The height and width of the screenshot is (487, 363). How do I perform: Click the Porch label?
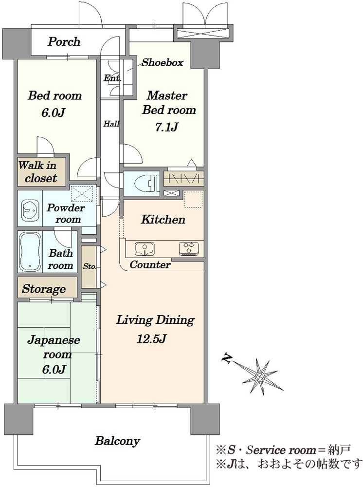pyautogui.click(x=64, y=42)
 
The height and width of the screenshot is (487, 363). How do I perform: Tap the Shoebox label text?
pyautogui.click(x=162, y=63)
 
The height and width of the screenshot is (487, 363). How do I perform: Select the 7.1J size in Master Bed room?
pyautogui.click(x=166, y=127)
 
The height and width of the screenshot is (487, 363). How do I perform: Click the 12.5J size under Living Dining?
pyautogui.click(x=152, y=339)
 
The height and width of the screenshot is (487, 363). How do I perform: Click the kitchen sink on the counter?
pyautogui.click(x=145, y=249)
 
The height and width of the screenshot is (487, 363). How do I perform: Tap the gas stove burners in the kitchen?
pyautogui.click(x=189, y=249)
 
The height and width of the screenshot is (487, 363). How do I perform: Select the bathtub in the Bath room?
pyautogui.click(x=31, y=252)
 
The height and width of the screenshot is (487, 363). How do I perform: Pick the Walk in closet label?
pyautogui.click(x=37, y=171)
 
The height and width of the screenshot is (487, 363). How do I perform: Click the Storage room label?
pyautogui.click(x=44, y=289)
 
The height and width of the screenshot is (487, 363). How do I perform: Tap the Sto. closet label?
pyautogui.click(x=90, y=266)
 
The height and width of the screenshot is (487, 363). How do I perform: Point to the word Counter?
pyautogui.click(x=150, y=264)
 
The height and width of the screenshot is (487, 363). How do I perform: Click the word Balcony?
pyautogui.click(x=118, y=441)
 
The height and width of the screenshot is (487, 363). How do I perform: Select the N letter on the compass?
pyautogui.click(x=227, y=358)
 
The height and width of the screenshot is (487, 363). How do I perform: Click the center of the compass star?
pyautogui.click(x=259, y=376)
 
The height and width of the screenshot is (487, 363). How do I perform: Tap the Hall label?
pyautogui.click(x=111, y=124)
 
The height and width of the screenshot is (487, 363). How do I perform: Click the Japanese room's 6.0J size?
pyautogui.click(x=54, y=370)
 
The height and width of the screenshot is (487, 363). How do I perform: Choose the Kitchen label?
pyautogui.click(x=163, y=220)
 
